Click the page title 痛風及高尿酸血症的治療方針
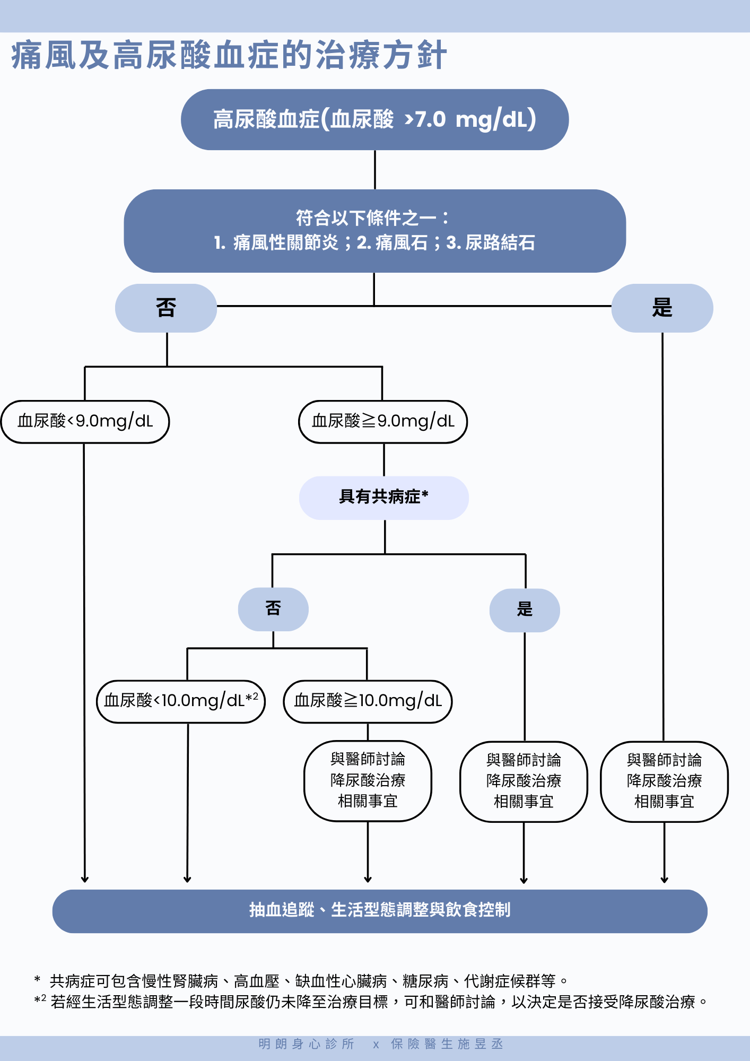tap(229, 55)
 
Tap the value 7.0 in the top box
tap(430, 120)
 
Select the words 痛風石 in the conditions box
tap(401, 243)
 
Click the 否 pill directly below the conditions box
tap(166, 308)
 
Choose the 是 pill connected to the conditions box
tap(662, 308)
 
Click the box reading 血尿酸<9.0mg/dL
tap(85, 422)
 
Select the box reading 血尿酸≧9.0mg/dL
tap(383, 422)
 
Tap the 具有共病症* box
tap(383, 498)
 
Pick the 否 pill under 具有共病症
tap(273, 609)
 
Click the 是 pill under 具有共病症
tap(525, 610)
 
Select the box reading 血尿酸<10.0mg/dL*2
tap(180, 701)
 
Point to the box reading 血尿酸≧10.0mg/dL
tap(368, 701)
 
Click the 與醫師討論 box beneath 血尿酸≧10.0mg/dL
tap(368, 781)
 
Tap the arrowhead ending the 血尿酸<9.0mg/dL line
tap(84, 879)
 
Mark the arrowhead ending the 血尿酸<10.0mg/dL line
tap(187, 879)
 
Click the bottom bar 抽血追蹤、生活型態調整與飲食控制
tap(380, 911)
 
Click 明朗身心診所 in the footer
tap(307, 1044)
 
